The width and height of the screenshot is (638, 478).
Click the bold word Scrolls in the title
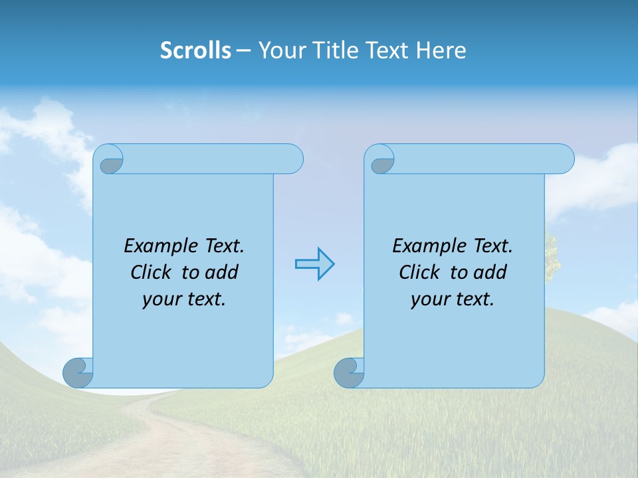point(196,50)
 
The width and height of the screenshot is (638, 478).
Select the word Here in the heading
point(441,50)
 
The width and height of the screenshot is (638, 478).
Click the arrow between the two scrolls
point(314,264)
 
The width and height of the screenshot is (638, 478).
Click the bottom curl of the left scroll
point(78,372)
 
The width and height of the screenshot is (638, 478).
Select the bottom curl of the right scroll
point(349,372)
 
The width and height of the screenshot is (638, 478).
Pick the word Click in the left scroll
point(146,272)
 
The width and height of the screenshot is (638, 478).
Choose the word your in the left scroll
point(159,299)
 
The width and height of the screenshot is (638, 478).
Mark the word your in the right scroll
point(428,299)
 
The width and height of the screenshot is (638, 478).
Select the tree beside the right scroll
point(552,256)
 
